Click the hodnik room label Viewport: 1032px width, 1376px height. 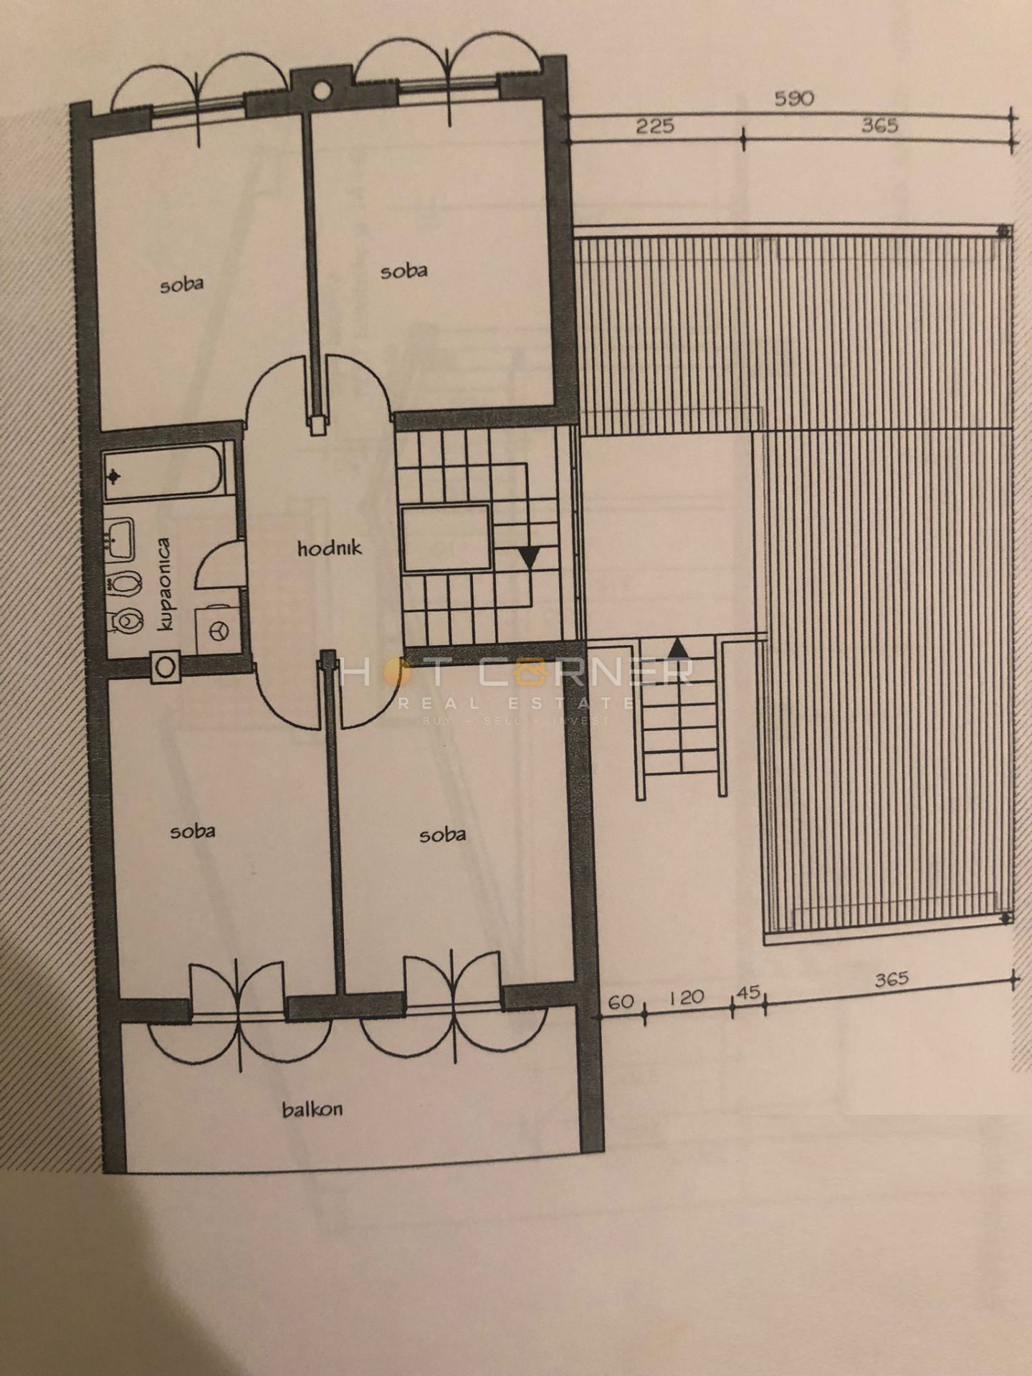(x=330, y=549)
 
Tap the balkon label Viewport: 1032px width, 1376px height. (x=312, y=1110)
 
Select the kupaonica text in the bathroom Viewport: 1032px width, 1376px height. (x=166, y=584)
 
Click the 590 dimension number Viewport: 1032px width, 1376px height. (x=794, y=98)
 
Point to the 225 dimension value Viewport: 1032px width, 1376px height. (x=655, y=126)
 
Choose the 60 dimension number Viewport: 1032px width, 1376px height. (x=621, y=1001)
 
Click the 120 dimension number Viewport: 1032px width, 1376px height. (x=686, y=998)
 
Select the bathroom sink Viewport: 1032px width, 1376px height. (x=119, y=538)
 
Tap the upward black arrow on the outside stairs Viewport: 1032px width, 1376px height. (x=679, y=649)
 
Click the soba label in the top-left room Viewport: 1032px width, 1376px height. (x=181, y=284)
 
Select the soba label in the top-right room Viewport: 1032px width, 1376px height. (x=404, y=271)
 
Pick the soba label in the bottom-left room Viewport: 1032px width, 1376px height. (x=193, y=831)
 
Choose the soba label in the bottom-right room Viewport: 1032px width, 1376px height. (x=442, y=834)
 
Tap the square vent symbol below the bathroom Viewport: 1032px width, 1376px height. (x=166, y=667)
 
